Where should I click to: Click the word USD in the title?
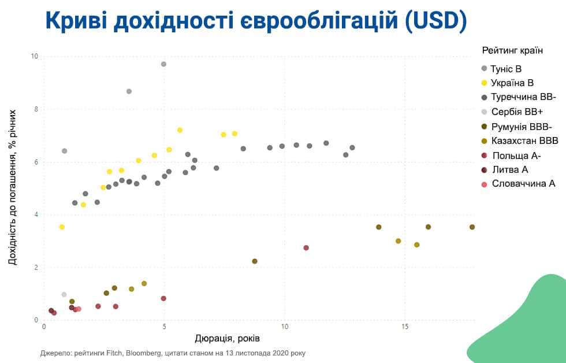(433, 21)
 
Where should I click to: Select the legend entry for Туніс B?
(506, 69)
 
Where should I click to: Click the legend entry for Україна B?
(512, 83)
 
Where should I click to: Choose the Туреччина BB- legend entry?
(523, 97)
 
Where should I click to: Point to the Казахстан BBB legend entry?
(524, 140)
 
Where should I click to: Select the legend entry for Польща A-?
(516, 155)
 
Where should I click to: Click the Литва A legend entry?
(509, 169)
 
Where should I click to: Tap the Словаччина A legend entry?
(523, 184)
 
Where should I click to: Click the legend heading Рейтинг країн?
(512, 50)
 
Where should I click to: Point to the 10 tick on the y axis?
(35, 57)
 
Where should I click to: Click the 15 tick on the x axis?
(405, 328)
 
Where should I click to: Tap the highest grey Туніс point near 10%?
(163, 64)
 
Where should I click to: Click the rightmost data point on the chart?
(472, 227)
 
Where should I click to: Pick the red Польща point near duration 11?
(306, 248)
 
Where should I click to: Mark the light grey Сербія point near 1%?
(64, 295)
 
